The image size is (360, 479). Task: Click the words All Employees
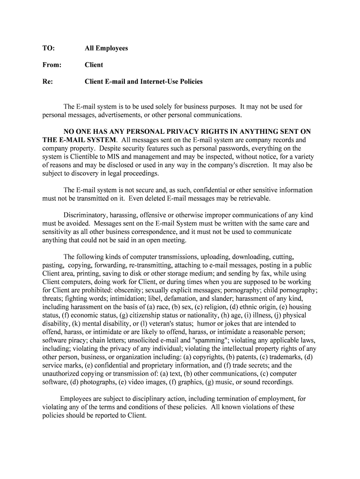106,48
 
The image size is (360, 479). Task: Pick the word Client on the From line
94,65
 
